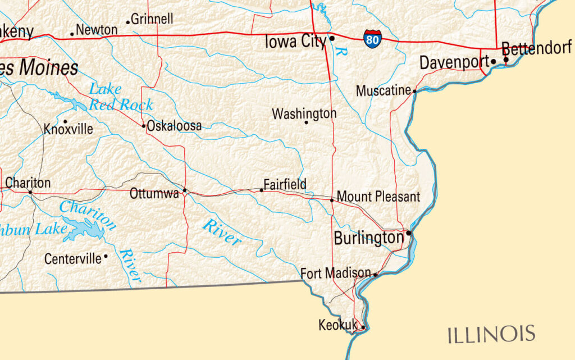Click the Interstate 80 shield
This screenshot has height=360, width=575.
pos(372,39)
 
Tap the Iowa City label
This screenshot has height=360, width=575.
pos(295,42)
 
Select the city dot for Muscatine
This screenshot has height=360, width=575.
pos(414,91)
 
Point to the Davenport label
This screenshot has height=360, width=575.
pos(454,62)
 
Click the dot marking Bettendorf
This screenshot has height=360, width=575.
pos(505,60)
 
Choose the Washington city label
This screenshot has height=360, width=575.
pos(304,113)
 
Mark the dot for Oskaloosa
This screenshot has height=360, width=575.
pos(144,126)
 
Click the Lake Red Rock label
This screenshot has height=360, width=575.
pos(121,97)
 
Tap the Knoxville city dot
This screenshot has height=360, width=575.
pos(65,121)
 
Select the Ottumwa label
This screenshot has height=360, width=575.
pos(154,194)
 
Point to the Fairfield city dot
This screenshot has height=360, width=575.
pos(261,190)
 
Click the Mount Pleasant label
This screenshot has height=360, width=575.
pos(378,197)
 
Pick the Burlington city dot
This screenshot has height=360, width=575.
pos(409,233)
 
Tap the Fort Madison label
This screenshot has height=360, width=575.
pos(336,274)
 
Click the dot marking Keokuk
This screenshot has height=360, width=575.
pos(363,327)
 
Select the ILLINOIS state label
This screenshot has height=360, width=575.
pos(491,334)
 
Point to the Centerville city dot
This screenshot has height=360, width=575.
pos(106,256)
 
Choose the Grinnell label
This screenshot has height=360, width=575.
pos(153,19)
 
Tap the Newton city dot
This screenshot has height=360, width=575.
pos(72,34)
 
